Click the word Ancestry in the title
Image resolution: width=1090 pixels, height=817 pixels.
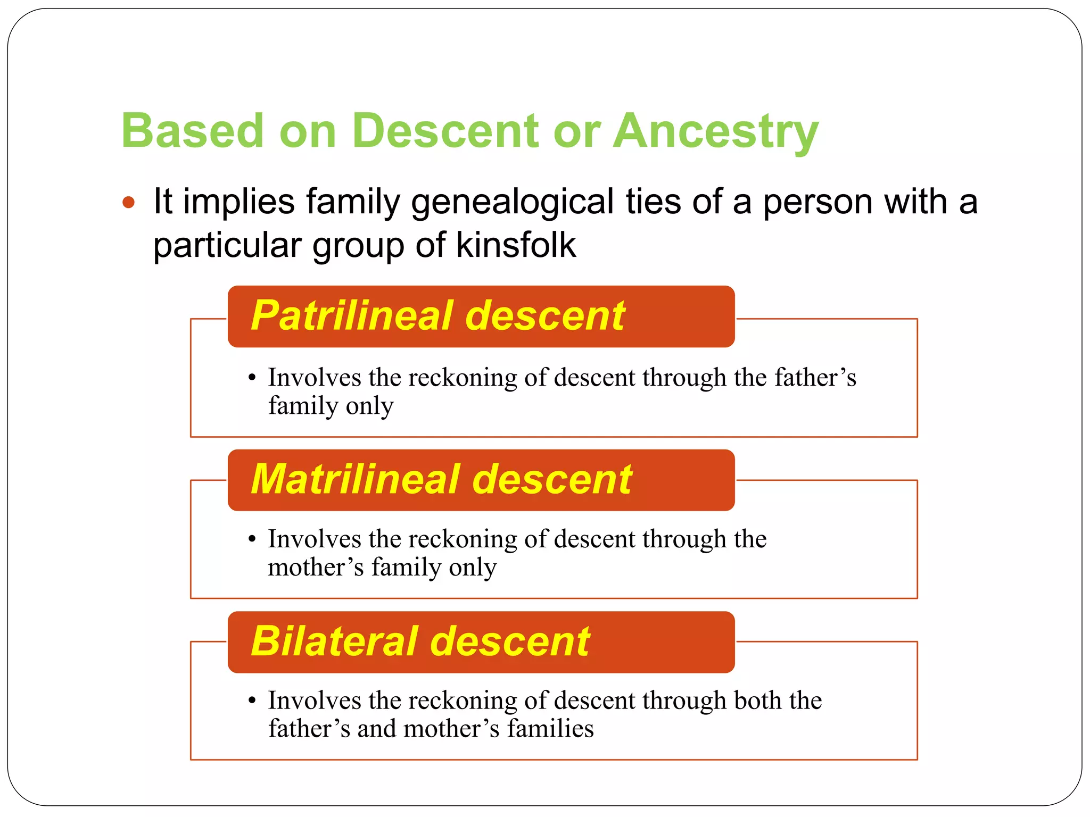[x=715, y=131]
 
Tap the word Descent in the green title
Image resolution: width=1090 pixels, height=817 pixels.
[x=445, y=131]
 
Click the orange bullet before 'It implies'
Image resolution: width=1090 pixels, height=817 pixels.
[x=128, y=203]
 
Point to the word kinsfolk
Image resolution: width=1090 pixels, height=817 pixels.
[x=516, y=245]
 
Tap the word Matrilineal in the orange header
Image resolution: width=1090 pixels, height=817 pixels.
[x=356, y=479]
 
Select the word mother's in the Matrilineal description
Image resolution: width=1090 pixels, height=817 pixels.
[x=316, y=568]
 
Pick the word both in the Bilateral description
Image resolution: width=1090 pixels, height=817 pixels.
[x=758, y=701]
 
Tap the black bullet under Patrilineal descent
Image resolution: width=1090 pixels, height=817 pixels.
[x=252, y=378]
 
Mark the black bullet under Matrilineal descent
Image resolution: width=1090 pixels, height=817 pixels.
[x=252, y=539]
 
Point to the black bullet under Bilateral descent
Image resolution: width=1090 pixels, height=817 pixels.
[x=252, y=701]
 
